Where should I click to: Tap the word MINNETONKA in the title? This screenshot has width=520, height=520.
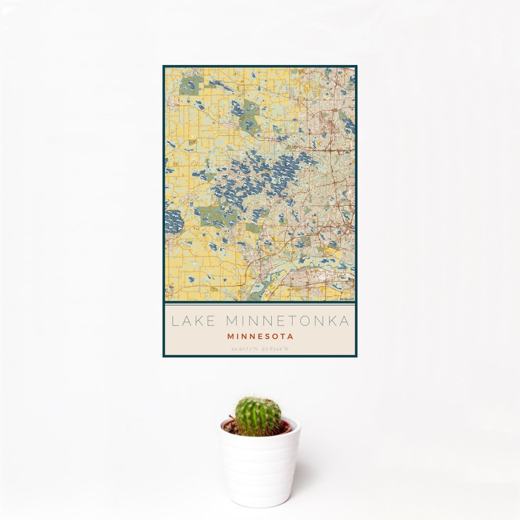point(287,321)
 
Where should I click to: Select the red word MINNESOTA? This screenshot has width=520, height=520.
point(260,336)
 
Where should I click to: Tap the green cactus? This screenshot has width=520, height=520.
point(257,416)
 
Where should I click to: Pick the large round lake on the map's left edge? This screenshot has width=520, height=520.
point(174,221)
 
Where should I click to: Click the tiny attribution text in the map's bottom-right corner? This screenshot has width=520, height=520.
point(346,299)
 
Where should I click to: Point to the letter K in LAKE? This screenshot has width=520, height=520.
point(199,321)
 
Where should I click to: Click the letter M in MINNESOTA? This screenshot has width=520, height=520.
point(231,336)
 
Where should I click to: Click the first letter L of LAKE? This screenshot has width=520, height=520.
point(174,321)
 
